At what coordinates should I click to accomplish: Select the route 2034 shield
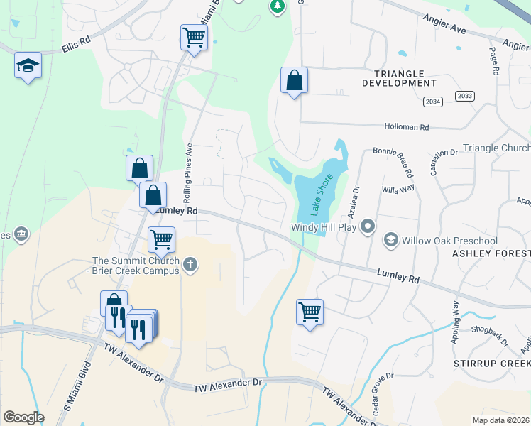(x=432, y=102)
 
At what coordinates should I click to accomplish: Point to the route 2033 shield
(x=465, y=97)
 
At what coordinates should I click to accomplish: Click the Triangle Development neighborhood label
(x=393, y=78)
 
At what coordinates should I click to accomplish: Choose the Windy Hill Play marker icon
(x=368, y=227)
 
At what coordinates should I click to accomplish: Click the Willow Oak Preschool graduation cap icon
(x=390, y=241)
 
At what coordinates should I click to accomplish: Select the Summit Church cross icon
(x=189, y=266)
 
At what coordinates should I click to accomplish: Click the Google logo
(x=23, y=417)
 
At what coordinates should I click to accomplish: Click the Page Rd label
(x=494, y=63)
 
